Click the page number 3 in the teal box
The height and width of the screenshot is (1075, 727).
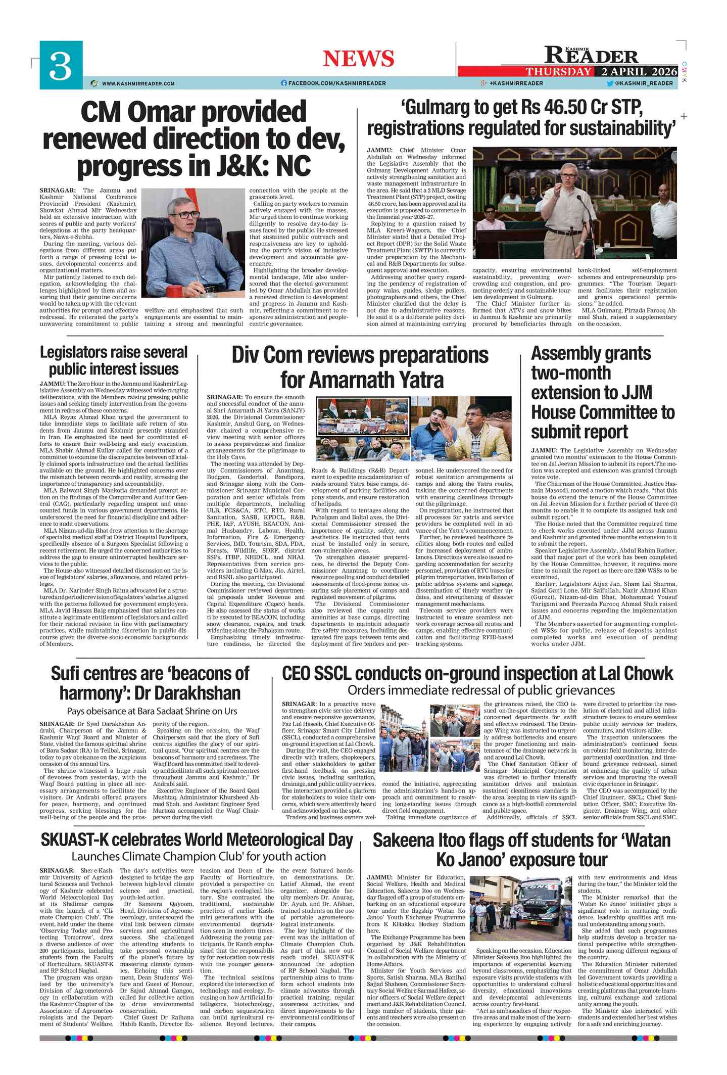click(61, 66)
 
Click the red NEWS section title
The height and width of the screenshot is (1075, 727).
click(358, 59)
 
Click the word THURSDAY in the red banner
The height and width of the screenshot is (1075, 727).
click(558, 72)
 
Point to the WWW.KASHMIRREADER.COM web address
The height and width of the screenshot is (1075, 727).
click(138, 83)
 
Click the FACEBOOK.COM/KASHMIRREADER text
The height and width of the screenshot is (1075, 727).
click(336, 83)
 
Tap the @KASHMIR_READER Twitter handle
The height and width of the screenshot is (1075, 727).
click(644, 83)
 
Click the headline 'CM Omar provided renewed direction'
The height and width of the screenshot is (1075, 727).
click(193, 139)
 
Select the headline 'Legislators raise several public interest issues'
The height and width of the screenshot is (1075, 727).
click(114, 360)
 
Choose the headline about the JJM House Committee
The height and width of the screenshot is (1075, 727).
click(602, 392)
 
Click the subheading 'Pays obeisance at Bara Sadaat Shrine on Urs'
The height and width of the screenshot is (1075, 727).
click(152, 711)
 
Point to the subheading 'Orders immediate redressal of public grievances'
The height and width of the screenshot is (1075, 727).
click(481, 690)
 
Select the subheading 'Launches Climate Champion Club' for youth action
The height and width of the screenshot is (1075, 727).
click(199, 857)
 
